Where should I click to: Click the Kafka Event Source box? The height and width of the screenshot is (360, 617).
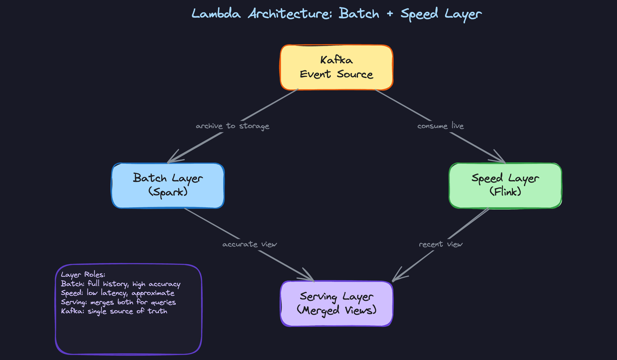tap(336, 67)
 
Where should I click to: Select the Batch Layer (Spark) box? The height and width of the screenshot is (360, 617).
tap(168, 185)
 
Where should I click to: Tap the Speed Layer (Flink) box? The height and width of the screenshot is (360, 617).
tap(505, 185)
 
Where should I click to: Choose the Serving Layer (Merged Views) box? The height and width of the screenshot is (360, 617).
tap(336, 303)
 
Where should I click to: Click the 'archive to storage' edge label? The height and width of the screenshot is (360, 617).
tap(232, 126)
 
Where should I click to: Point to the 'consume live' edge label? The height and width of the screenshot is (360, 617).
tap(440, 126)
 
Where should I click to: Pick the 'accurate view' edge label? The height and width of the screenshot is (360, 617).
tap(249, 244)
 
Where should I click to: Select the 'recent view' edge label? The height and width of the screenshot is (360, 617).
tap(441, 244)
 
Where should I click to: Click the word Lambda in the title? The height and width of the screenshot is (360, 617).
tap(216, 14)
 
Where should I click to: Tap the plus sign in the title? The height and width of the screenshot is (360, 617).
tap(390, 14)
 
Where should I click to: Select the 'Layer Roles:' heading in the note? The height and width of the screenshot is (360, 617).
tap(83, 274)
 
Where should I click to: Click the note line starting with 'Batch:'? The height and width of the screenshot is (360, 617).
tap(121, 284)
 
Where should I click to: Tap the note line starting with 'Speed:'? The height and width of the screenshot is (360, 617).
tap(118, 293)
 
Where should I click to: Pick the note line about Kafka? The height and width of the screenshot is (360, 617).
tap(114, 311)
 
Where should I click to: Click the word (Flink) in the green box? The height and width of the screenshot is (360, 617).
tap(505, 192)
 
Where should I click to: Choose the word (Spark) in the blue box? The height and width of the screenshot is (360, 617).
tap(168, 192)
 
